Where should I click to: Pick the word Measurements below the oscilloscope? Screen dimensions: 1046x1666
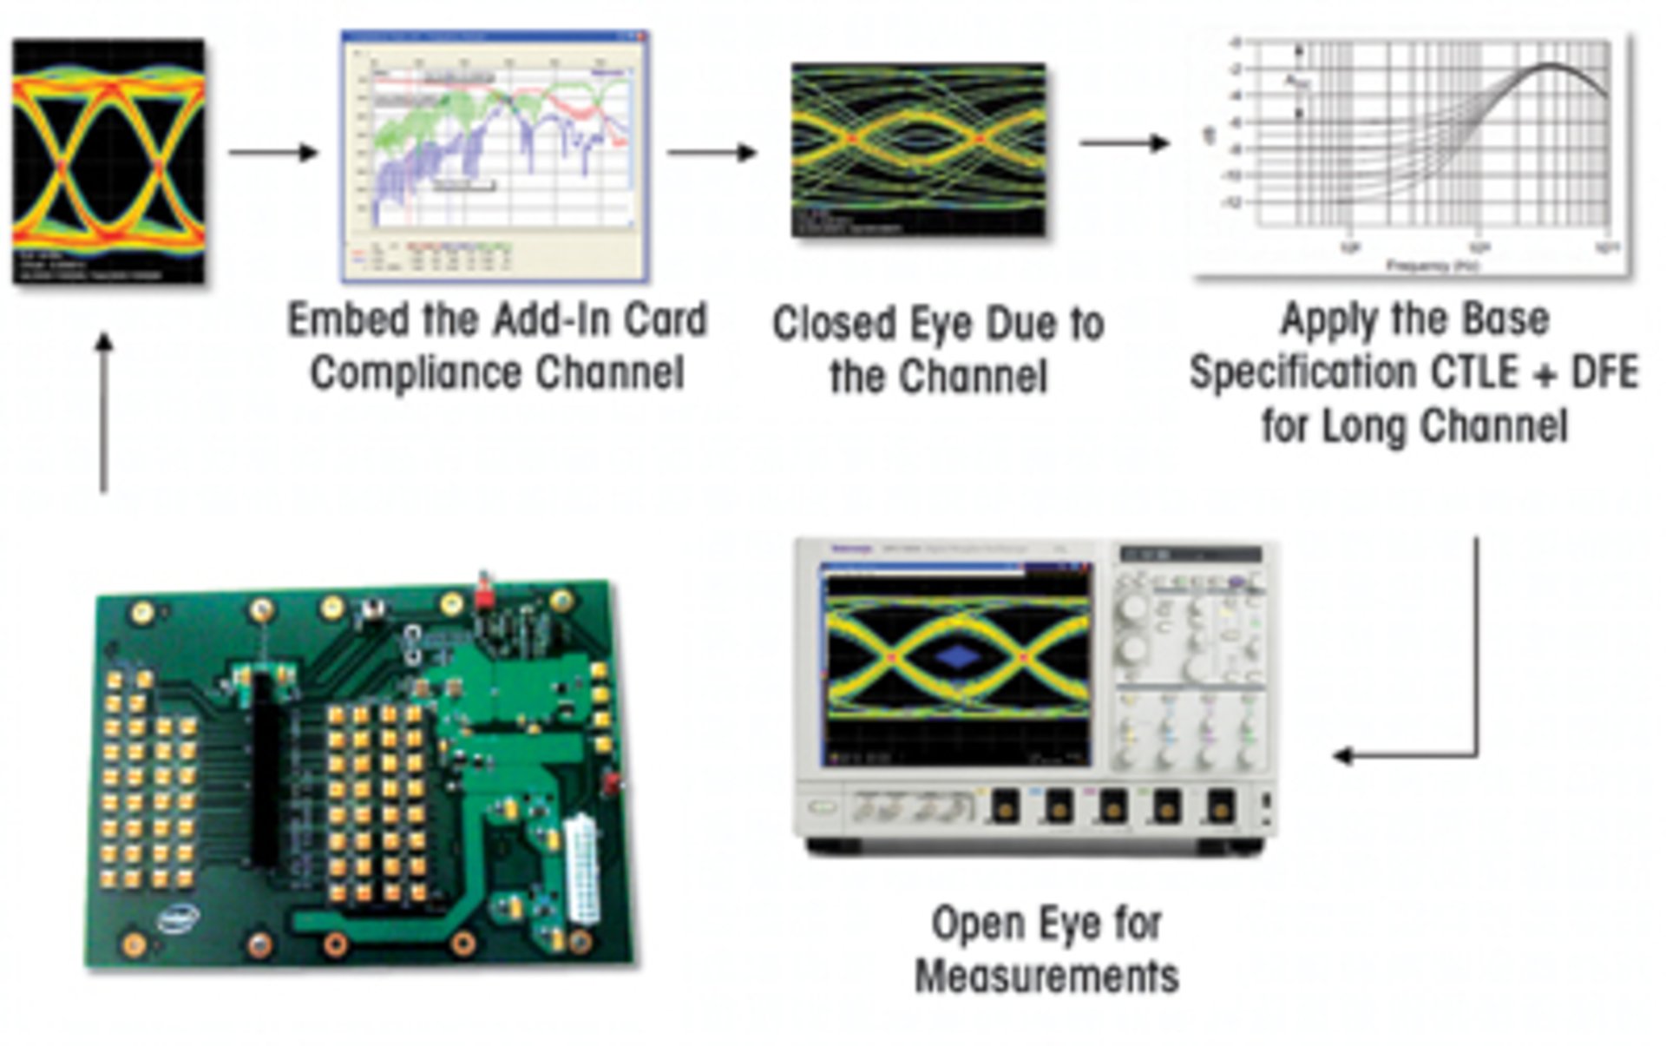1046,977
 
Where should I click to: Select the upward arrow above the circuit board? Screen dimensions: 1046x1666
104,412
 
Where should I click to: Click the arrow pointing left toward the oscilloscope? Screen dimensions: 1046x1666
1406,755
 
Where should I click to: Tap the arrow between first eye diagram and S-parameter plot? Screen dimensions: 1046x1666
273,153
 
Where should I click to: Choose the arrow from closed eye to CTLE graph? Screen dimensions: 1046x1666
1125,142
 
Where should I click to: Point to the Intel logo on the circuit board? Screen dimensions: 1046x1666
179,918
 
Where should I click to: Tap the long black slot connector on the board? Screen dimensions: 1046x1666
265,768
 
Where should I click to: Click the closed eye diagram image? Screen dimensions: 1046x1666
918,149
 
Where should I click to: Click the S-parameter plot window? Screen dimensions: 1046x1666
495,156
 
